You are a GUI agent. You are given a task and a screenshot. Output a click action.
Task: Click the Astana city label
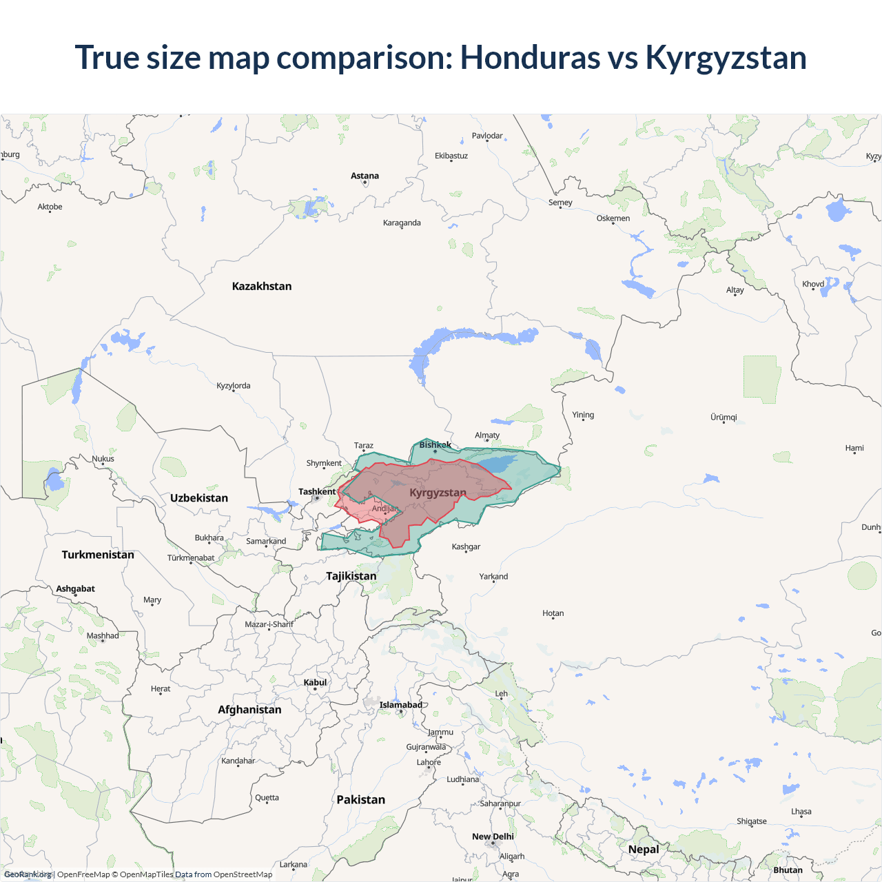(365, 176)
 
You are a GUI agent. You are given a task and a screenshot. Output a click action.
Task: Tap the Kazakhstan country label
(262, 286)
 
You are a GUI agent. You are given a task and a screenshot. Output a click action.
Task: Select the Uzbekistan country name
(199, 498)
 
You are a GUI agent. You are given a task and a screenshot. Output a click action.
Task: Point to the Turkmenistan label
(98, 555)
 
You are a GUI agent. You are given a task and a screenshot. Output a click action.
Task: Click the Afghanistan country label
(249, 709)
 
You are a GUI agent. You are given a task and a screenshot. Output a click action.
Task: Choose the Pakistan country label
(360, 799)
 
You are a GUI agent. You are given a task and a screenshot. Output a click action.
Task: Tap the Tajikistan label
(351, 575)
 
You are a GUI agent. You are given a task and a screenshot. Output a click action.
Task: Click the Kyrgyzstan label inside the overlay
(438, 492)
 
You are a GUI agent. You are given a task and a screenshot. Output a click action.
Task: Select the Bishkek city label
(435, 444)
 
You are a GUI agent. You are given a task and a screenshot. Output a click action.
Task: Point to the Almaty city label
(487, 435)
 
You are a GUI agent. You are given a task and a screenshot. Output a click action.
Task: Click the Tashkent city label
(317, 491)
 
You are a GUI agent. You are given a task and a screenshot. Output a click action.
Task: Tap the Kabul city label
(315, 682)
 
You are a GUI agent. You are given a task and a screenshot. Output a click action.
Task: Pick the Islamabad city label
(400, 704)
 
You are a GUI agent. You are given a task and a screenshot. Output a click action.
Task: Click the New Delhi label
(493, 836)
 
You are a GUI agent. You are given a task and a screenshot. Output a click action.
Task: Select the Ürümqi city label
(724, 417)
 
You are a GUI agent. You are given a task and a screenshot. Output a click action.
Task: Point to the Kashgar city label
(466, 546)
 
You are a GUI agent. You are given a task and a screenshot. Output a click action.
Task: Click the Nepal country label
(644, 849)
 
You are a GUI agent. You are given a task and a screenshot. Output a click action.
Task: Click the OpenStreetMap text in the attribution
(243, 874)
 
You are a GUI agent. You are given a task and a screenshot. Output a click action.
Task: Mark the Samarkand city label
(266, 541)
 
